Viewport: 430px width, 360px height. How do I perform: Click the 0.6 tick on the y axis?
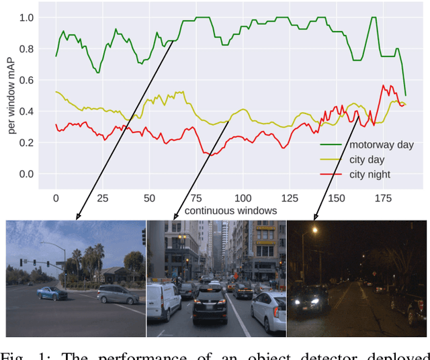point(26,80)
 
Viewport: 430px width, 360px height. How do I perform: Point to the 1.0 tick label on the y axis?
point(26,17)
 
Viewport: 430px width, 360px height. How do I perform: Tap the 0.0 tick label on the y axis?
point(26,174)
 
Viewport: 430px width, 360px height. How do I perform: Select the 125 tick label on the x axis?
point(289,198)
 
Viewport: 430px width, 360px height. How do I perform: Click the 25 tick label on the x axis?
point(103,198)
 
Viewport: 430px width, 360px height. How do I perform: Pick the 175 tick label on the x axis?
point(382,198)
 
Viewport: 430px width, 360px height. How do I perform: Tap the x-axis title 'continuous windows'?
point(231,211)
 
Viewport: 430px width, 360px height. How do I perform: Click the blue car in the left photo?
point(51,293)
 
